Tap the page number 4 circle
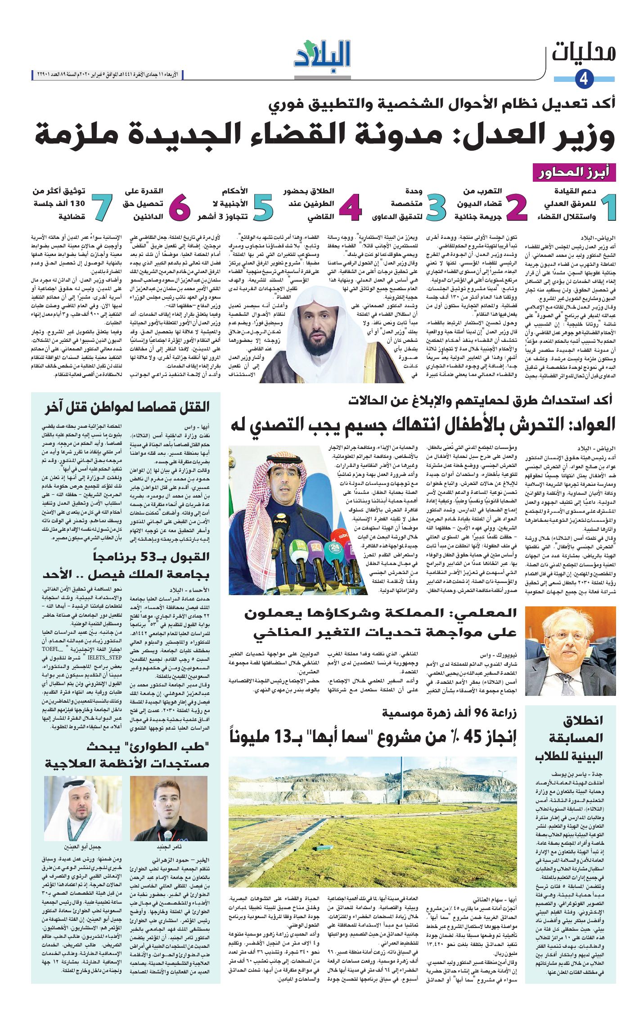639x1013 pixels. coord(584,79)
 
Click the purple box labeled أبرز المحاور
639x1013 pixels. coord(574,173)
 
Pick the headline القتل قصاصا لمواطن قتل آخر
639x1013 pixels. coord(128,408)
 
